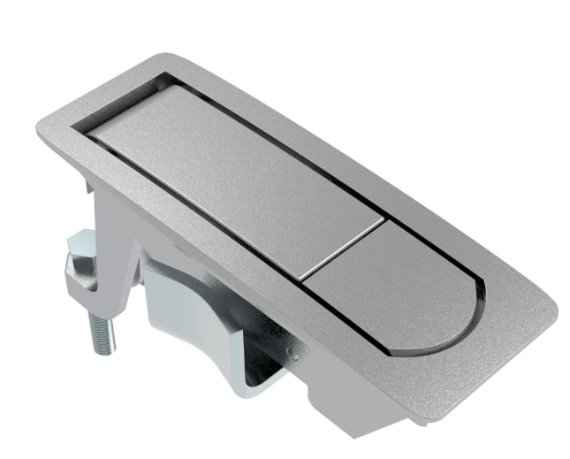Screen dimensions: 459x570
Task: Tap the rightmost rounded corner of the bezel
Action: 557,310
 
